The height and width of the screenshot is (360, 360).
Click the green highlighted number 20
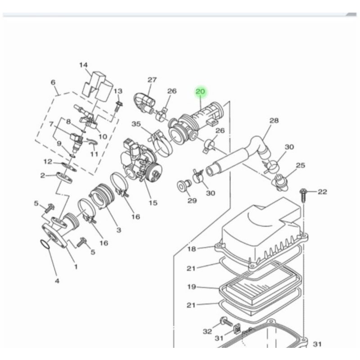point(200,92)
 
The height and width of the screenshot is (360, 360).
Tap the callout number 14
point(83,65)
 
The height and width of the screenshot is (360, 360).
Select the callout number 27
point(152,80)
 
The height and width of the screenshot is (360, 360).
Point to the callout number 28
point(274,121)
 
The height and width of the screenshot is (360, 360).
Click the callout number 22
point(322,192)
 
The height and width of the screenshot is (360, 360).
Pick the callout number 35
point(136,124)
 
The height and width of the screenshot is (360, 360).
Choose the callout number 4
point(57,281)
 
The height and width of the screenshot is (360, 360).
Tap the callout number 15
point(153,203)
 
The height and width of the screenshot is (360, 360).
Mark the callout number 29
point(192,201)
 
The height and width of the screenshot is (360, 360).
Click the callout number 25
point(301,165)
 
